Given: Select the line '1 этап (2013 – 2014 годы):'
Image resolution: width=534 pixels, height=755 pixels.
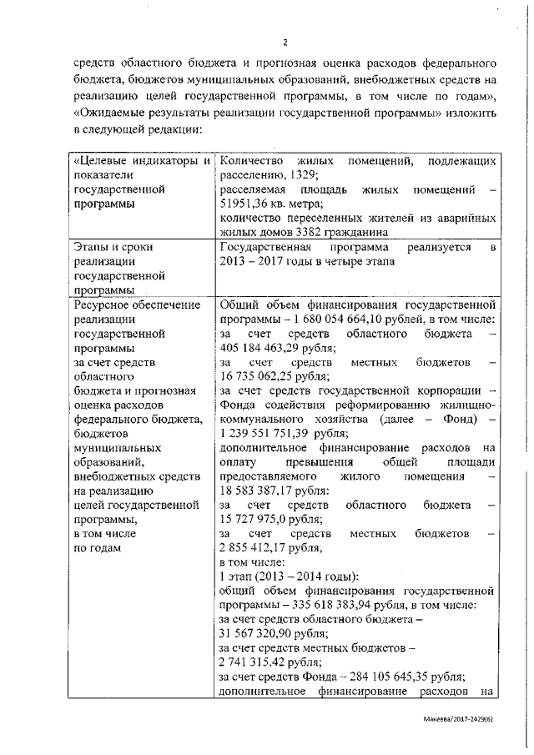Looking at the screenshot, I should click(289, 577).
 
